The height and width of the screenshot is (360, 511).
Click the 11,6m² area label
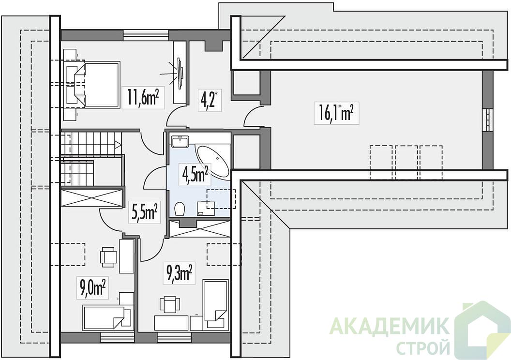coord(143,97)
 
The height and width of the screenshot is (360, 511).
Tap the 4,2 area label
coord(209,100)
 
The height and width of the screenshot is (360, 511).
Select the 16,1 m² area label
coord(336,113)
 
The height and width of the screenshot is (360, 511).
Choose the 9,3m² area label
coord(179,273)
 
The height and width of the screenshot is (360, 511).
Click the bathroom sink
coord(179,141)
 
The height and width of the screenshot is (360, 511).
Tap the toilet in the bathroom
coord(179,209)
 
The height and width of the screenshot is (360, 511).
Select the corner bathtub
coord(212,161)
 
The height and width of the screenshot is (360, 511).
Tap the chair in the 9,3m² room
coord(169,304)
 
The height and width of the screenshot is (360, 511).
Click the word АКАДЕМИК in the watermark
coord(390,327)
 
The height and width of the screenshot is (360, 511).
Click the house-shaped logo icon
coord(481,329)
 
